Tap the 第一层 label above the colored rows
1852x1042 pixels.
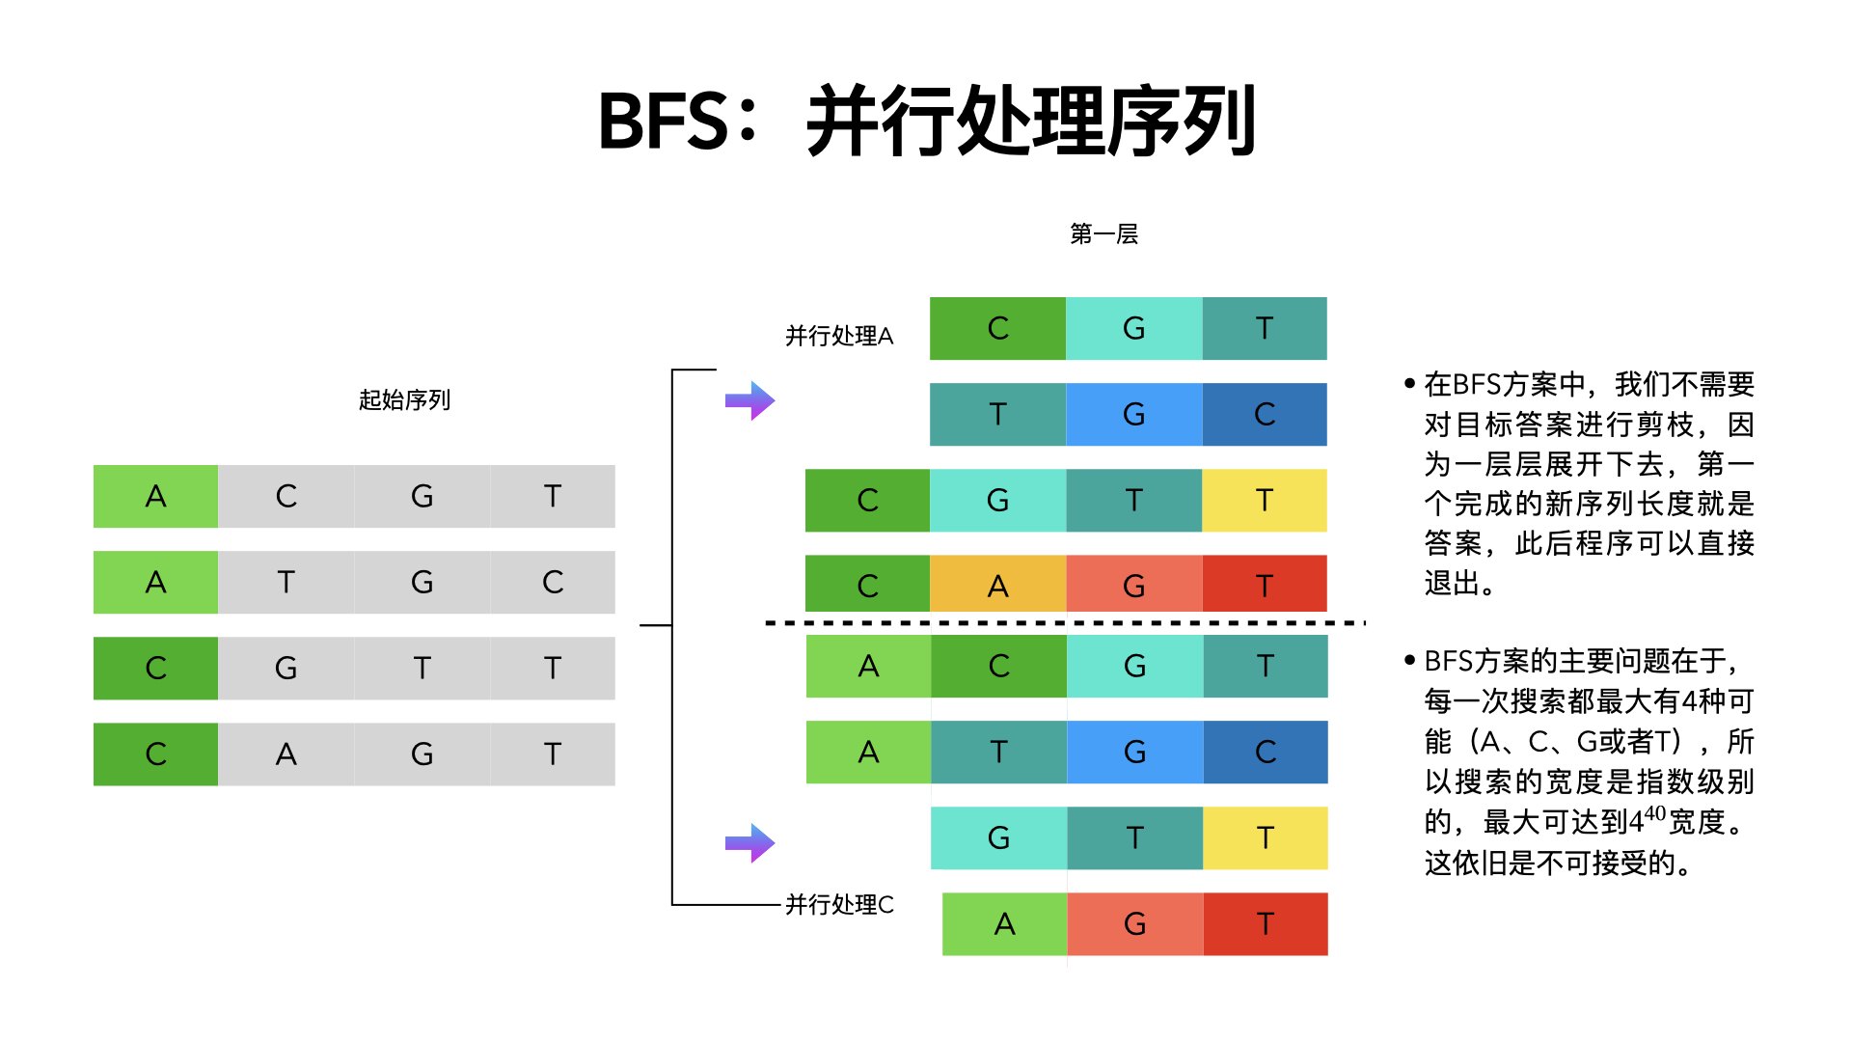point(1103,234)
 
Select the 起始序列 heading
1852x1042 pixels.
point(404,399)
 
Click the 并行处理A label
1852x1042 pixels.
point(839,336)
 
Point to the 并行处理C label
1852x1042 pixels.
point(839,904)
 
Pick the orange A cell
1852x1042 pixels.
point(997,584)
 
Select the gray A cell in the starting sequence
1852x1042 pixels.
point(286,754)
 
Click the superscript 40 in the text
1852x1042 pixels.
point(1654,813)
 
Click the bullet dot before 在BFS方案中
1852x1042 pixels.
point(1409,384)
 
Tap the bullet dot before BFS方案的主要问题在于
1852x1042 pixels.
point(1409,661)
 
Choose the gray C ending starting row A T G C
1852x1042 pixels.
point(552,582)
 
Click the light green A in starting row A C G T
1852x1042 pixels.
point(155,496)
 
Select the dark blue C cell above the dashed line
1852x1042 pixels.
point(1264,415)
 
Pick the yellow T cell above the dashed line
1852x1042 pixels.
point(1264,500)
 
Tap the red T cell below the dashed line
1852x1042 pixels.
point(1265,924)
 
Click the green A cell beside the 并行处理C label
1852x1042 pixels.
point(1004,924)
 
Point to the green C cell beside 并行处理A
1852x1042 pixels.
point(997,329)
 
